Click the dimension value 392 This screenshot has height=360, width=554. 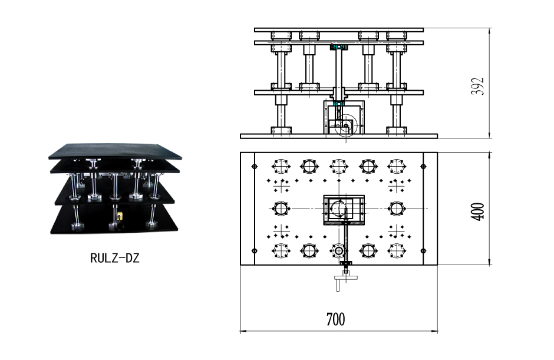(x=477, y=86)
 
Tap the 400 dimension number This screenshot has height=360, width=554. (x=478, y=212)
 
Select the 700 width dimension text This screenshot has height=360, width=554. (x=335, y=319)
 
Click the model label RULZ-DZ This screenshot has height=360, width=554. (x=115, y=258)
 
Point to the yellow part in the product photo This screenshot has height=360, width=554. (x=120, y=216)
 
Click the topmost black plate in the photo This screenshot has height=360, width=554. (x=116, y=151)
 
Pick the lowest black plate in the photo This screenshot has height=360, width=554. (x=114, y=220)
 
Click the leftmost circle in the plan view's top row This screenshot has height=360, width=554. (x=281, y=166)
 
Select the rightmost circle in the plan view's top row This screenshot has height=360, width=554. (x=397, y=166)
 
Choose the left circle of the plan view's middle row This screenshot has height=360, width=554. (x=281, y=209)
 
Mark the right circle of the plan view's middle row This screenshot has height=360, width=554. (x=397, y=209)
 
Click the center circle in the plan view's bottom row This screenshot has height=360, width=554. (x=339, y=251)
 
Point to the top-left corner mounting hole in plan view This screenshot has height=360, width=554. (x=255, y=166)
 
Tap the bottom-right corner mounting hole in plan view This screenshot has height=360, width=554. (x=423, y=251)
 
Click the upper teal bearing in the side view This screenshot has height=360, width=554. (x=339, y=47)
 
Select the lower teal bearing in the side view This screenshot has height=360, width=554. (x=339, y=104)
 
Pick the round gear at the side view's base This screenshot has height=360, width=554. (x=346, y=125)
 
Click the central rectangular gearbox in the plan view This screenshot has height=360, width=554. (x=344, y=210)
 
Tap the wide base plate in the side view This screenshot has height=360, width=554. (x=339, y=136)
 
